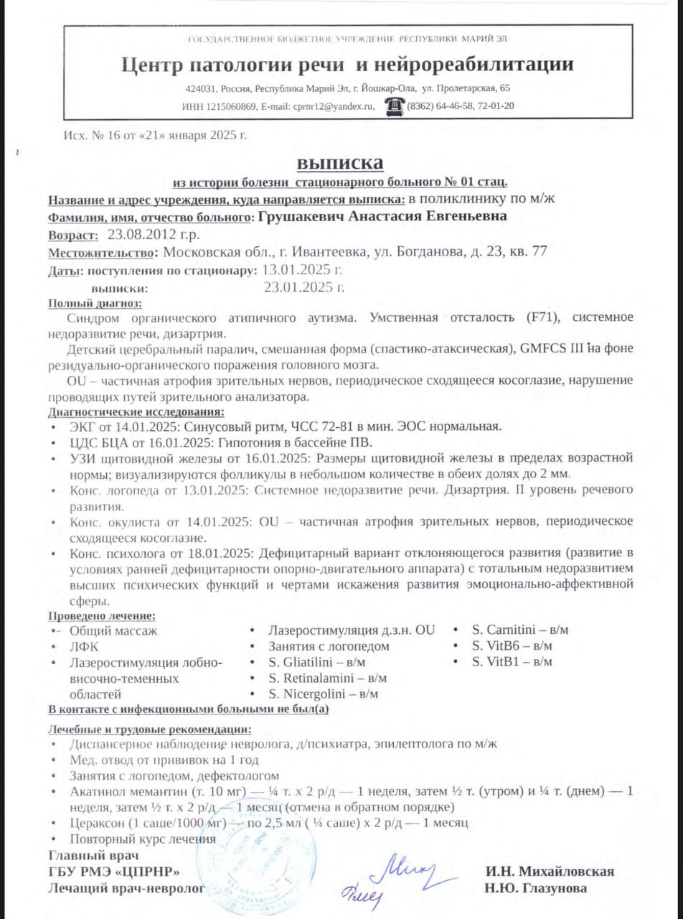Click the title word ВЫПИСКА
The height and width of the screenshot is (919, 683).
[x=341, y=162]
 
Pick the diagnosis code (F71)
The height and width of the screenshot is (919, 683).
[x=543, y=317]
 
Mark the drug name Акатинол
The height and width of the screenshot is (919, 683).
[x=96, y=791]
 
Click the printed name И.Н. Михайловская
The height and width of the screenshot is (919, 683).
[x=550, y=872]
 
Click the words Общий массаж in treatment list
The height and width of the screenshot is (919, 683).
[x=113, y=630]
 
